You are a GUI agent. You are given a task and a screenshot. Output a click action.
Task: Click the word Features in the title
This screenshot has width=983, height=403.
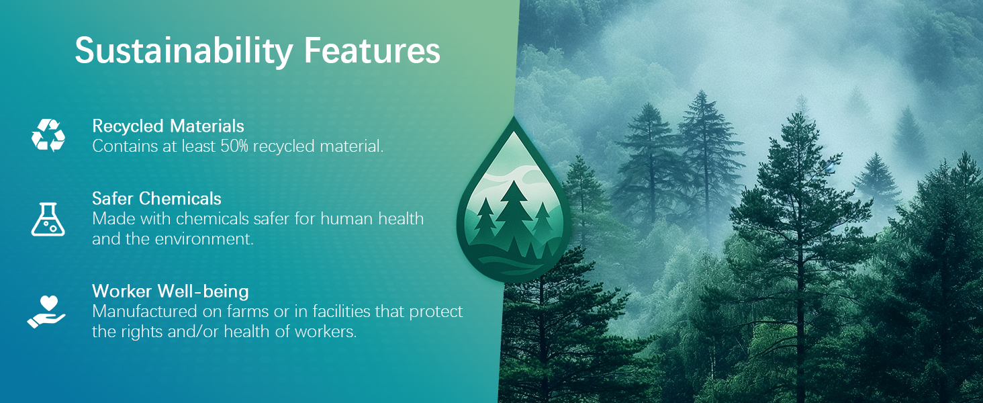(x=372, y=50)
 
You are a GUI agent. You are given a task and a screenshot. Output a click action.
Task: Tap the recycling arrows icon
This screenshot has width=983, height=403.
(x=48, y=135)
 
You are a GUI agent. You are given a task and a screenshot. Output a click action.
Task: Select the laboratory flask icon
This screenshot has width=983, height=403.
(x=48, y=220)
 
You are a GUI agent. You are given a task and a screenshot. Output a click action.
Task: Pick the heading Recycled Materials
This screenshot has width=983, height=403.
(x=168, y=126)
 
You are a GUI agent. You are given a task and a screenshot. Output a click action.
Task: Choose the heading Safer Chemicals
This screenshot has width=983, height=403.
(x=156, y=199)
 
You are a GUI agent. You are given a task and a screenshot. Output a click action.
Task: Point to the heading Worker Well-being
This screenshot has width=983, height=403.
(x=171, y=291)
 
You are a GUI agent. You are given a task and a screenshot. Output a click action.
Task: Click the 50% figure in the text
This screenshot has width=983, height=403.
(x=234, y=146)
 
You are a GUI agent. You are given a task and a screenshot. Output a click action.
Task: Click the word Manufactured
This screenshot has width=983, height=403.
(x=144, y=311)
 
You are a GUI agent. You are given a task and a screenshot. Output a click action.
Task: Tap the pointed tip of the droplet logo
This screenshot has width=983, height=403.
(x=514, y=117)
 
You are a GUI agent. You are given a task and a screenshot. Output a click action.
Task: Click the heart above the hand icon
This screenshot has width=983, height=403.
(x=49, y=303)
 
